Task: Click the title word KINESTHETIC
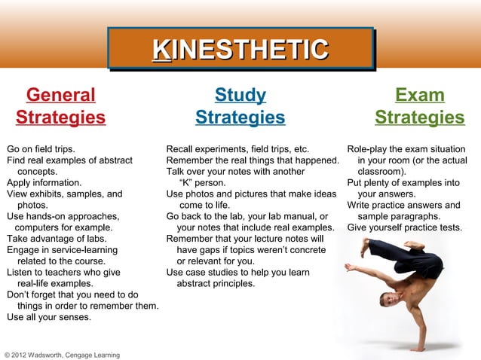240,50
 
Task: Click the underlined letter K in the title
160,50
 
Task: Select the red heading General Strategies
60,107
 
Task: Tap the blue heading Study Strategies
240,107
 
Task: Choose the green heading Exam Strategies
419,107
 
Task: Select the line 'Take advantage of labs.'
56,239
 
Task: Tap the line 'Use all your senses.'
49,317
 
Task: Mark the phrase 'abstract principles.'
215,284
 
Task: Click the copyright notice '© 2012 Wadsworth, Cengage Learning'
62,354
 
